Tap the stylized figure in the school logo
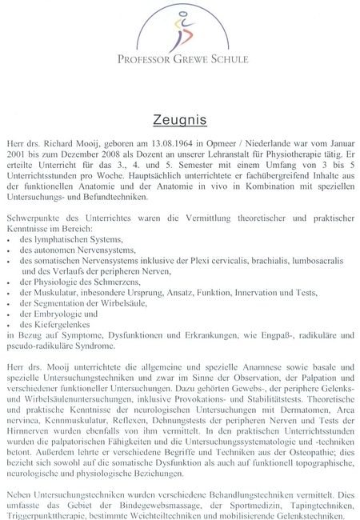click(178, 30)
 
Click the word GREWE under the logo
click(186, 59)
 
